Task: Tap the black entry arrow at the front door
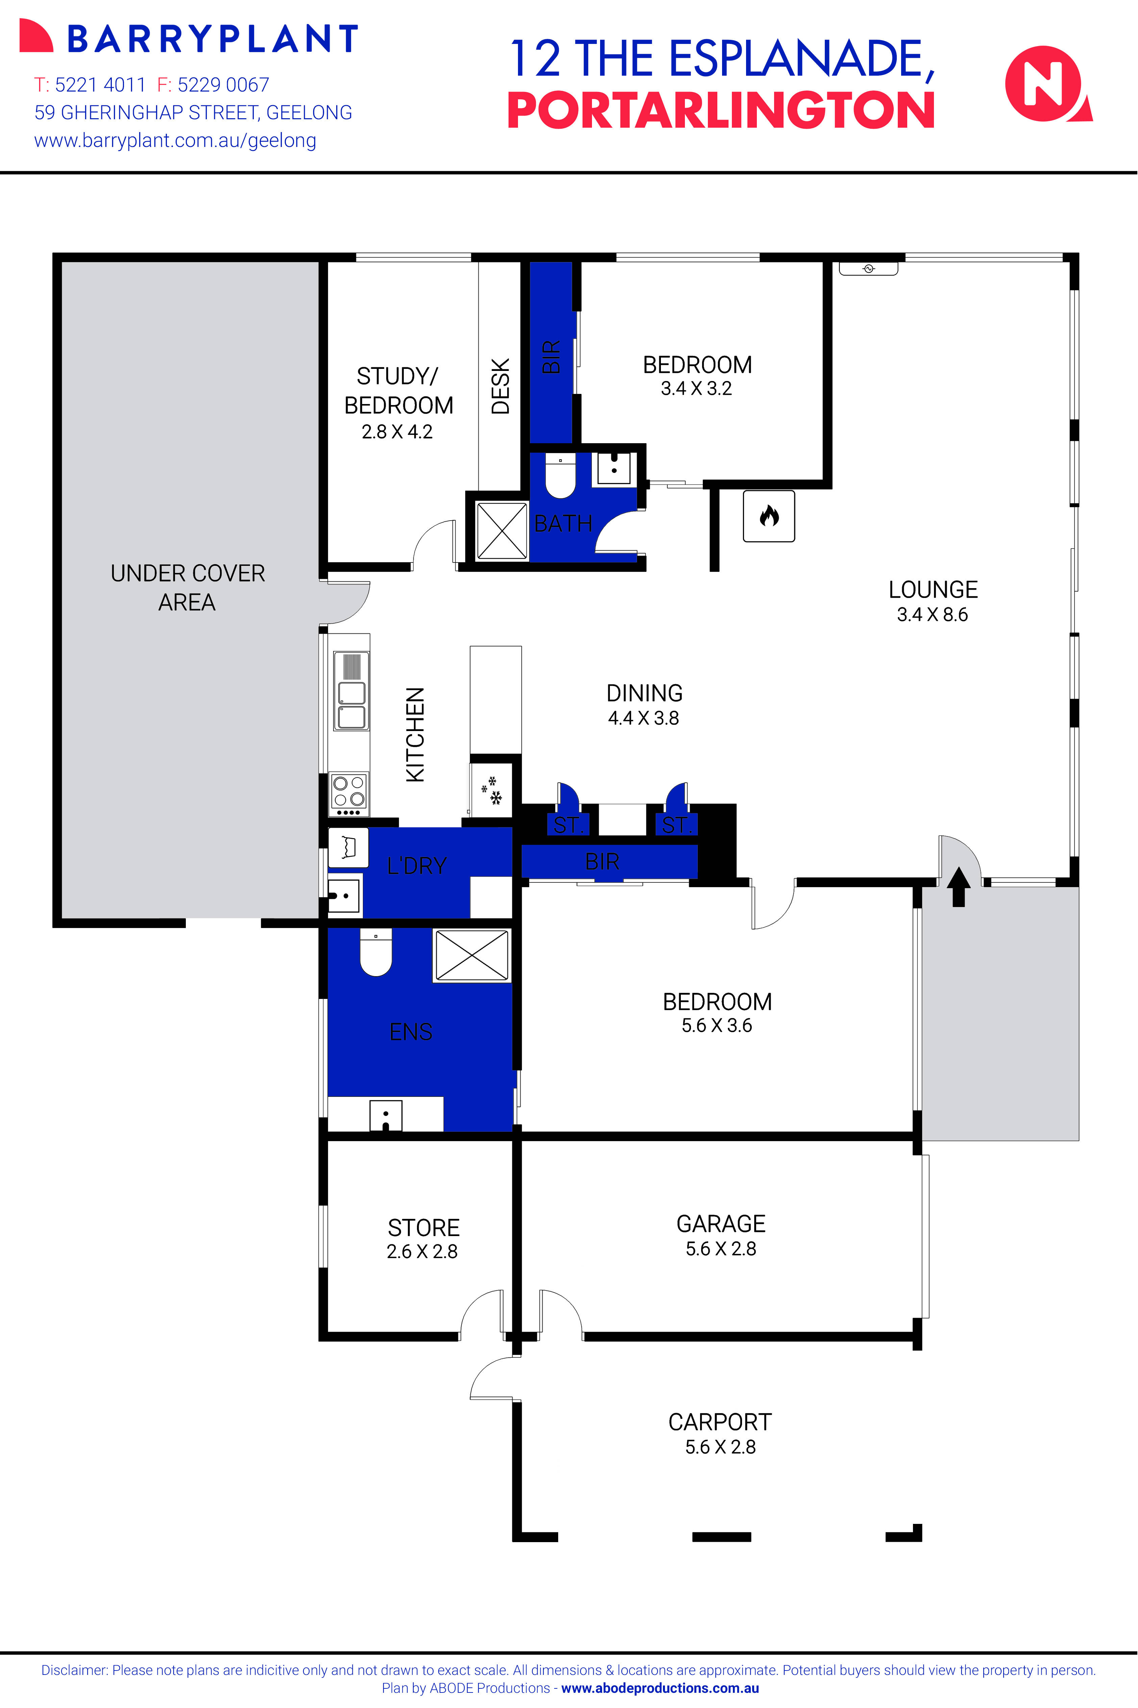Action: click(x=959, y=887)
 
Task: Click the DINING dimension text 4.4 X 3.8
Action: click(x=644, y=718)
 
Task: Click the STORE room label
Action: click(x=424, y=1228)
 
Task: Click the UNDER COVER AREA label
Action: click(x=187, y=588)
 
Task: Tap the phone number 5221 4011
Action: click(x=100, y=85)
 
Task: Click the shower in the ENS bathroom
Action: click(x=472, y=956)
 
